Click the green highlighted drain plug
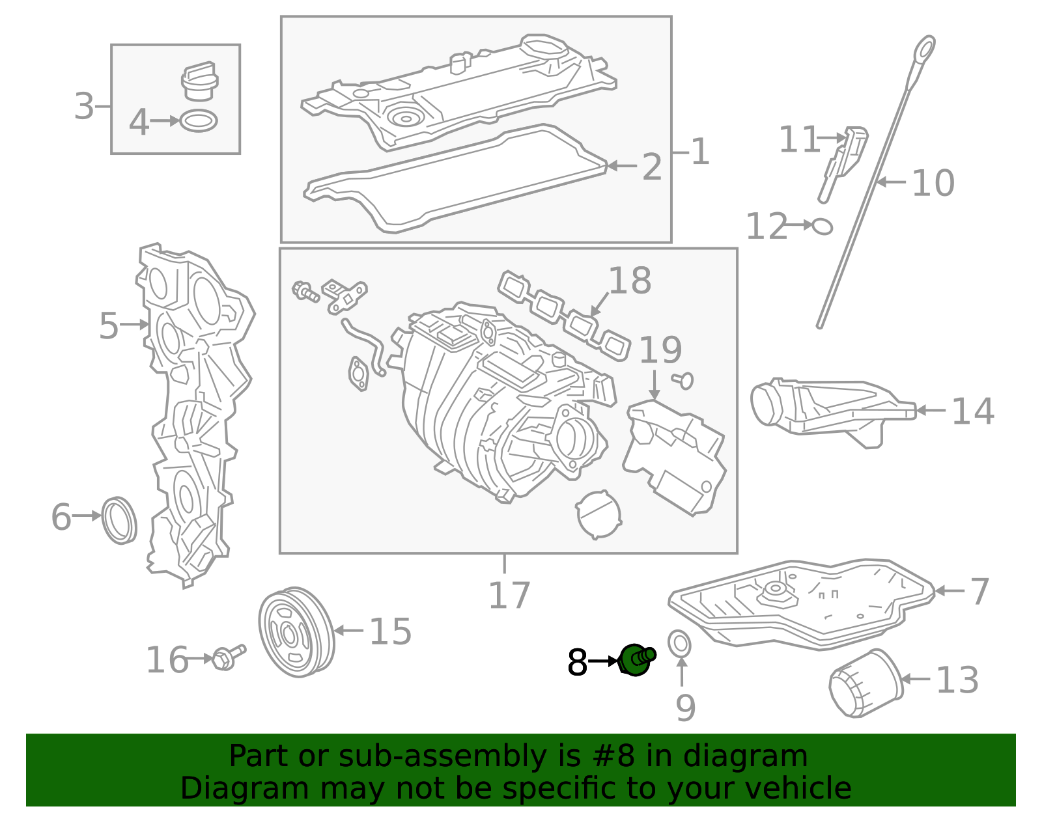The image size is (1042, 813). coord(636,659)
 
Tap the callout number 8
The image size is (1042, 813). coord(577,663)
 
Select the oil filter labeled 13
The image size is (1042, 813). coord(866,683)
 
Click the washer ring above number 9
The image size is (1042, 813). coord(679,643)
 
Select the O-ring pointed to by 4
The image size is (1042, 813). coord(199,120)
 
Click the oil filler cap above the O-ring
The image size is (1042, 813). coord(200,82)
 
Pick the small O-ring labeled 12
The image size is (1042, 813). coord(823,226)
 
